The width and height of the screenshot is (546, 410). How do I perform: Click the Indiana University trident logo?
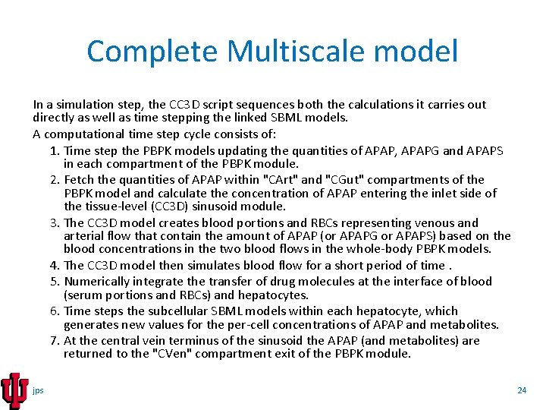pos(14,389)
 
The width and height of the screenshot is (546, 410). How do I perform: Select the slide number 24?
pos(521,390)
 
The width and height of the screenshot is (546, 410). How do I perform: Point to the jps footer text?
pos(38,390)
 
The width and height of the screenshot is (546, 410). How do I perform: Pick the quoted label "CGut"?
pos(338,180)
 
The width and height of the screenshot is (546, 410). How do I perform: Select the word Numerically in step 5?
pos(96,282)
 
